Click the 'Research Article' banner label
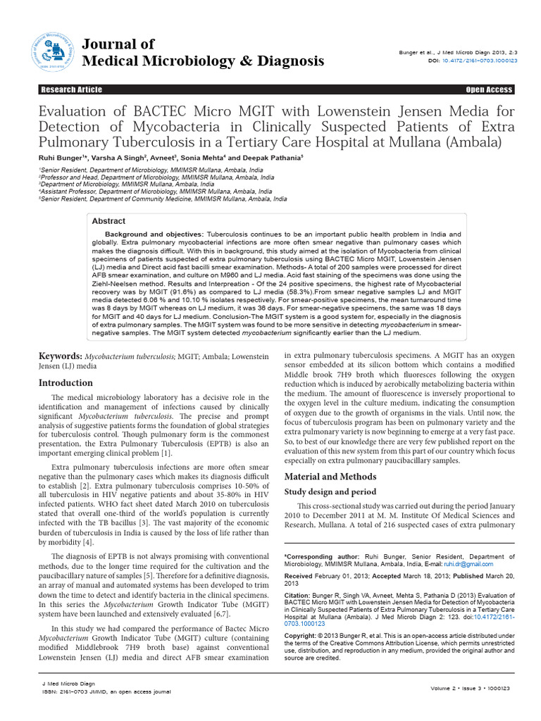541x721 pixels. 71,89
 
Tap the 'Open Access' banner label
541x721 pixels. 489,89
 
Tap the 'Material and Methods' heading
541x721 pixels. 325,477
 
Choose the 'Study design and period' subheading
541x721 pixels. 330,491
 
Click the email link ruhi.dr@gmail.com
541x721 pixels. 469,564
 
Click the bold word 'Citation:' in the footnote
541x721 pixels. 299,594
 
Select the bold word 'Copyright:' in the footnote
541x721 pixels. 302,635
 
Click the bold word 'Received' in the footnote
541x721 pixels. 301,576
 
